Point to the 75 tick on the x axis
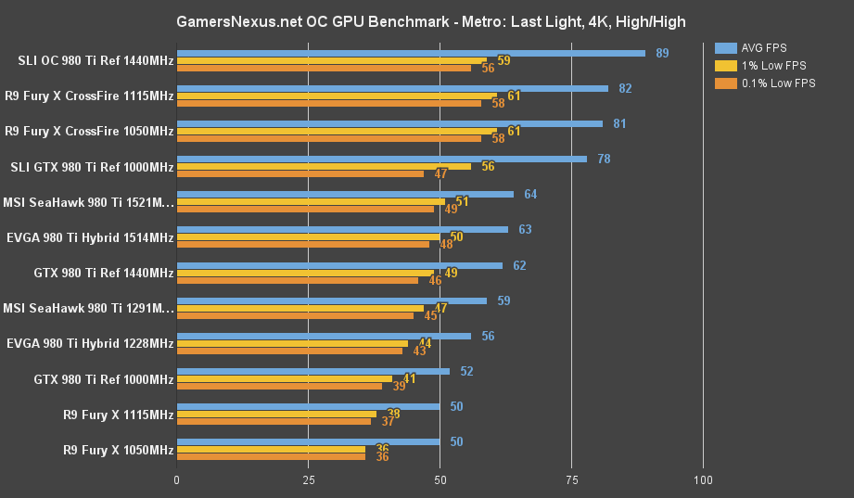point(571,480)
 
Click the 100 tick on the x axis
point(703,480)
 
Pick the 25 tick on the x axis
point(309,480)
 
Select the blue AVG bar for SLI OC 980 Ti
point(411,53)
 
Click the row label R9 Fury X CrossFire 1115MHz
point(89,96)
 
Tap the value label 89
point(662,53)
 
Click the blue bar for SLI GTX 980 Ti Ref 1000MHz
point(382,159)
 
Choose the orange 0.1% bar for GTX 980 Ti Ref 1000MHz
point(279,386)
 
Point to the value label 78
point(604,159)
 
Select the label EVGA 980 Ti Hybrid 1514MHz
point(89,238)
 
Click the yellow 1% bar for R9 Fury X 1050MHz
point(271,449)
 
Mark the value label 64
point(530,194)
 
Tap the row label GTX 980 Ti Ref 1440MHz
point(103,274)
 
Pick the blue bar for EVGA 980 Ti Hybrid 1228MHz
point(324,336)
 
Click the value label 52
point(466,371)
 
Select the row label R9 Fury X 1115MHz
point(118,415)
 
